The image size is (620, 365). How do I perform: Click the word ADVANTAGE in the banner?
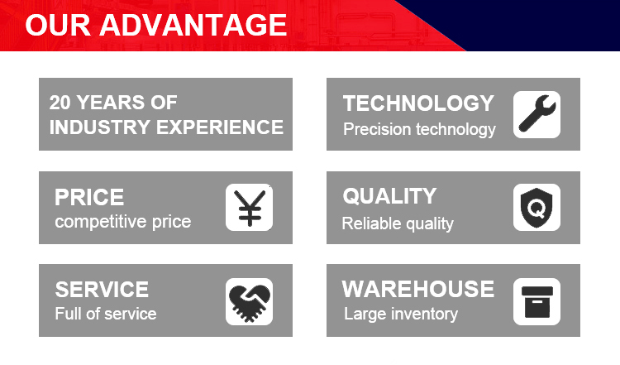(193, 25)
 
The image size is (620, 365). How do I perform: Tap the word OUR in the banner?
(58, 25)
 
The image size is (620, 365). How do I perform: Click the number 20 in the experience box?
(60, 103)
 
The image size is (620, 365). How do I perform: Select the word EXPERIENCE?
(220, 127)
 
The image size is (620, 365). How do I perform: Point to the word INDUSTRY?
(100, 127)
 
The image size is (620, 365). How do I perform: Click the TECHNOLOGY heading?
(418, 103)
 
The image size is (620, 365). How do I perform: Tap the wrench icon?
(537, 114)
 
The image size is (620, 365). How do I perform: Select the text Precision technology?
(419, 129)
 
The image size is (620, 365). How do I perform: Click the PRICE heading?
(89, 197)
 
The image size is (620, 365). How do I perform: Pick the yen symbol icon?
(250, 208)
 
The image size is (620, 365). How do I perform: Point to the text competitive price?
(123, 222)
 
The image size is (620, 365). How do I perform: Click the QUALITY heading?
(389, 196)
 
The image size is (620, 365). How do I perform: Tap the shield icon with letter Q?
(537, 208)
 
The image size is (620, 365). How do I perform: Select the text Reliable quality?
(398, 223)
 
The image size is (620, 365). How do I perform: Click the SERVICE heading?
(102, 290)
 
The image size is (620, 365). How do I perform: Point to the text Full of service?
(106, 314)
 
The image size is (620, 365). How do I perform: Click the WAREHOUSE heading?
(418, 289)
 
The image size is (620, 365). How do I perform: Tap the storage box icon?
(537, 302)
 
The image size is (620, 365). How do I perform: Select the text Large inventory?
(401, 315)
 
